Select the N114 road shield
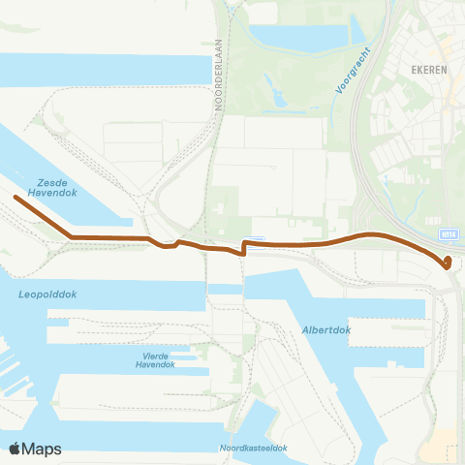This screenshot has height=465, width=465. coord(449,233)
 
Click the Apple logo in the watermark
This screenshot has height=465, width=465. coord(16,449)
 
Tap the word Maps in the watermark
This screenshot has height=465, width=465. coord(44,449)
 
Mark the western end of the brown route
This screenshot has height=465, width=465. coord(15,197)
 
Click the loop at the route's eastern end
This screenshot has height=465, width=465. coord(447,262)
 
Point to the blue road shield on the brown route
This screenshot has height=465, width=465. coord(255,239)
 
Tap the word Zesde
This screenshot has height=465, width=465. coord(52,181)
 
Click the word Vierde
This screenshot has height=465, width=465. coord(155,356)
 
